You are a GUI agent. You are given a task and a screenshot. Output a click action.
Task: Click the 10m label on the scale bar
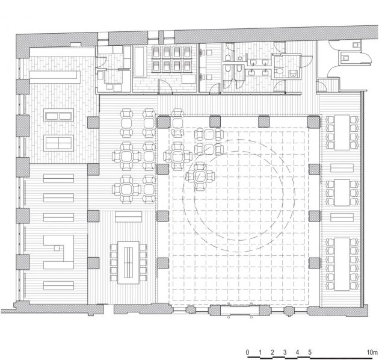[x=372, y=352]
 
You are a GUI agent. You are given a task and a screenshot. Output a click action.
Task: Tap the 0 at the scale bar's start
[x=247, y=352]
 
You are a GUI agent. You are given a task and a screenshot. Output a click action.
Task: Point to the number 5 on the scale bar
[x=310, y=352]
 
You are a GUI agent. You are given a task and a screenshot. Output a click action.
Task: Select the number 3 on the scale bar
[x=285, y=352]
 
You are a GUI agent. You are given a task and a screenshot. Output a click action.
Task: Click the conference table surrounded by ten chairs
[x=128, y=262]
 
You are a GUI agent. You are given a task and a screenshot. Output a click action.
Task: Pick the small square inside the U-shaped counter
[x=57, y=248]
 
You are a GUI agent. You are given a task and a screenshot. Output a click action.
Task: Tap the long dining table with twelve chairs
[x=342, y=264]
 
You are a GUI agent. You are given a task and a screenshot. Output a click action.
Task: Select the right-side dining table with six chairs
[x=342, y=193]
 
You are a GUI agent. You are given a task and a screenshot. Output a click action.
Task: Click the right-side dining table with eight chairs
[x=342, y=132]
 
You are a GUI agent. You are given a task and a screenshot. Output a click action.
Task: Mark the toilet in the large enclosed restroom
[x=279, y=71]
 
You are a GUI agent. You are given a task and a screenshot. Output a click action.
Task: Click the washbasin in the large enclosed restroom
[x=293, y=73]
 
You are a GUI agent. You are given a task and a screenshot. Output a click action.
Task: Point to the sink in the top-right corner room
[x=356, y=45]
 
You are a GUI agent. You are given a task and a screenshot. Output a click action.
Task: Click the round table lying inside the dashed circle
[x=200, y=176]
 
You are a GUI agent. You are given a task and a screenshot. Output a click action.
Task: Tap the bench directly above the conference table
[x=128, y=217]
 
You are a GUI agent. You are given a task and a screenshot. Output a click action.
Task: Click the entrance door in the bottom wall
[x=240, y=311]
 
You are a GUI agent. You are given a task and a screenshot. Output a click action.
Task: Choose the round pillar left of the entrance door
[x=191, y=309]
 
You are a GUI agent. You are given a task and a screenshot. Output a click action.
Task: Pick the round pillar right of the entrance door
[x=289, y=311]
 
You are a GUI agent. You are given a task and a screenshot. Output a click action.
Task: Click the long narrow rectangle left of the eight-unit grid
[x=140, y=61]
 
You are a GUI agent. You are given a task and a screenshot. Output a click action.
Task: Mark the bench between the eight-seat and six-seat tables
[x=342, y=168]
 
